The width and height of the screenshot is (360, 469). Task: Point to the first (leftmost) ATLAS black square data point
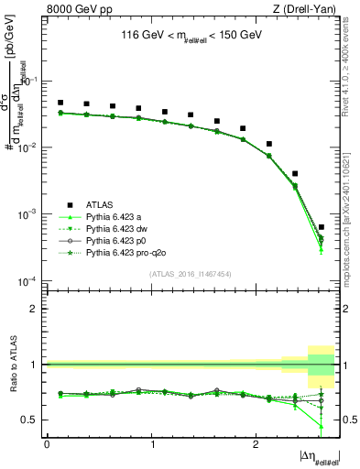click(60, 103)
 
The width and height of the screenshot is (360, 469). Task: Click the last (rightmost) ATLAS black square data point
click(321, 226)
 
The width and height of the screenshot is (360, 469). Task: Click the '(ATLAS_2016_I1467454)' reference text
click(191, 273)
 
